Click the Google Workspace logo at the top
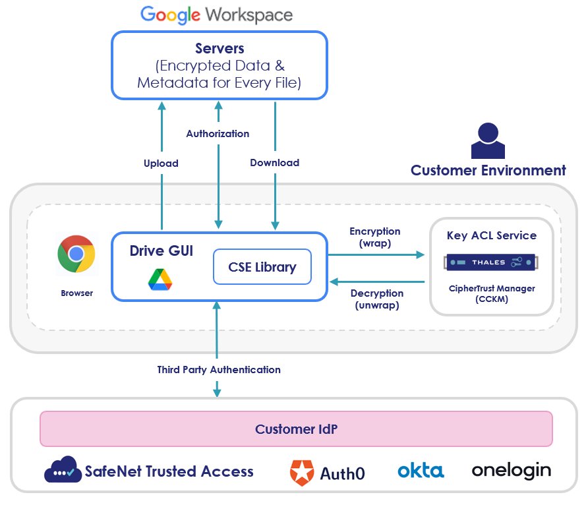[x=216, y=15]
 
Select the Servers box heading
[x=220, y=49]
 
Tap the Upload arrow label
[x=161, y=163]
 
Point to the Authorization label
[x=218, y=133]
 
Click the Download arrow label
[x=275, y=162]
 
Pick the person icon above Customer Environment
[x=488, y=141]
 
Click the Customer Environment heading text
[x=488, y=171]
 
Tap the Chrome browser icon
[x=76, y=254]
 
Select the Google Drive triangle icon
[x=160, y=280]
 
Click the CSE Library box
[x=262, y=267]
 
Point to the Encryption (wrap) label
[x=375, y=237]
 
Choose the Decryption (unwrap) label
[x=377, y=299]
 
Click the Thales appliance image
[x=492, y=262]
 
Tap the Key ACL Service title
[x=492, y=235]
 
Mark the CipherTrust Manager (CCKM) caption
[x=492, y=293]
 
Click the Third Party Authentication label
[x=219, y=369]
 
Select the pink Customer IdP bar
[x=296, y=429]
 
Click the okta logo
[x=421, y=471]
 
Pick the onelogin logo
[x=511, y=471]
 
